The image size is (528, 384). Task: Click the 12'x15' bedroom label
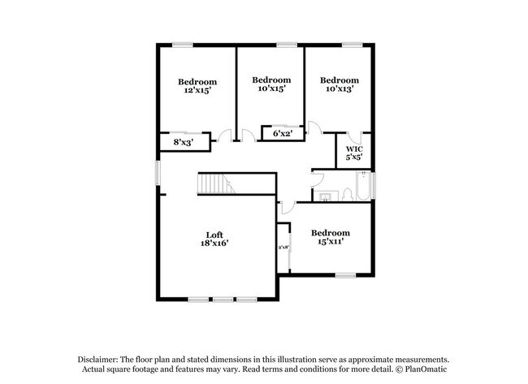197,86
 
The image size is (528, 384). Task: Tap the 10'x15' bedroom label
270,84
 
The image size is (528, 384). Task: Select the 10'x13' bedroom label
339,84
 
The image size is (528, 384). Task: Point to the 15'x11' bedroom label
331,237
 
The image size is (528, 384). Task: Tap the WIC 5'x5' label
354,153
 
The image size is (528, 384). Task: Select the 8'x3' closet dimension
184,142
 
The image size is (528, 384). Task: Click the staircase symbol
215,184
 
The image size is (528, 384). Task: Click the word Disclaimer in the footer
97,359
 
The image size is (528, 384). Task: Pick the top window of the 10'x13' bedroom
351,44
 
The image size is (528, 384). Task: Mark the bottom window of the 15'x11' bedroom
346,275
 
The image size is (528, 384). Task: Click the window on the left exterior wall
158,171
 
